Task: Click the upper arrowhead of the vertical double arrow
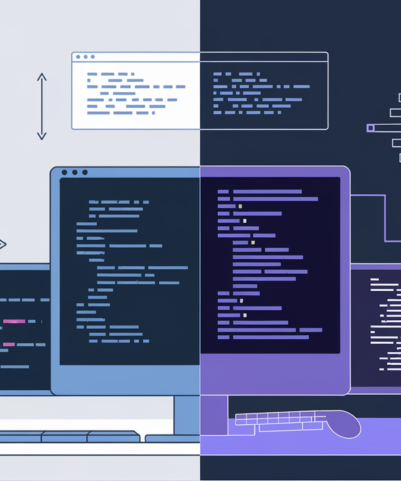pyautogui.click(x=42, y=76)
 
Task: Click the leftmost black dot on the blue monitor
pyautogui.click(x=64, y=173)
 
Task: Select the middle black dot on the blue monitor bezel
pyautogui.click(x=75, y=173)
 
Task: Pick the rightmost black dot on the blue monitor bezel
pyautogui.click(x=85, y=173)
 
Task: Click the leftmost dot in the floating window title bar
pyautogui.click(x=78, y=58)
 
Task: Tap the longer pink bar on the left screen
pyautogui.click(x=14, y=321)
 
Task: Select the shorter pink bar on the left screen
pyautogui.click(x=9, y=344)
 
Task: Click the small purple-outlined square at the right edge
pyautogui.click(x=371, y=128)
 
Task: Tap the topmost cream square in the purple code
pyautogui.click(x=240, y=206)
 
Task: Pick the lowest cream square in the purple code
pyautogui.click(x=245, y=315)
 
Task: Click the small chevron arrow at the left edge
pyautogui.click(x=3, y=244)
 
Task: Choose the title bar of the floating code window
pyautogui.click(x=200, y=58)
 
